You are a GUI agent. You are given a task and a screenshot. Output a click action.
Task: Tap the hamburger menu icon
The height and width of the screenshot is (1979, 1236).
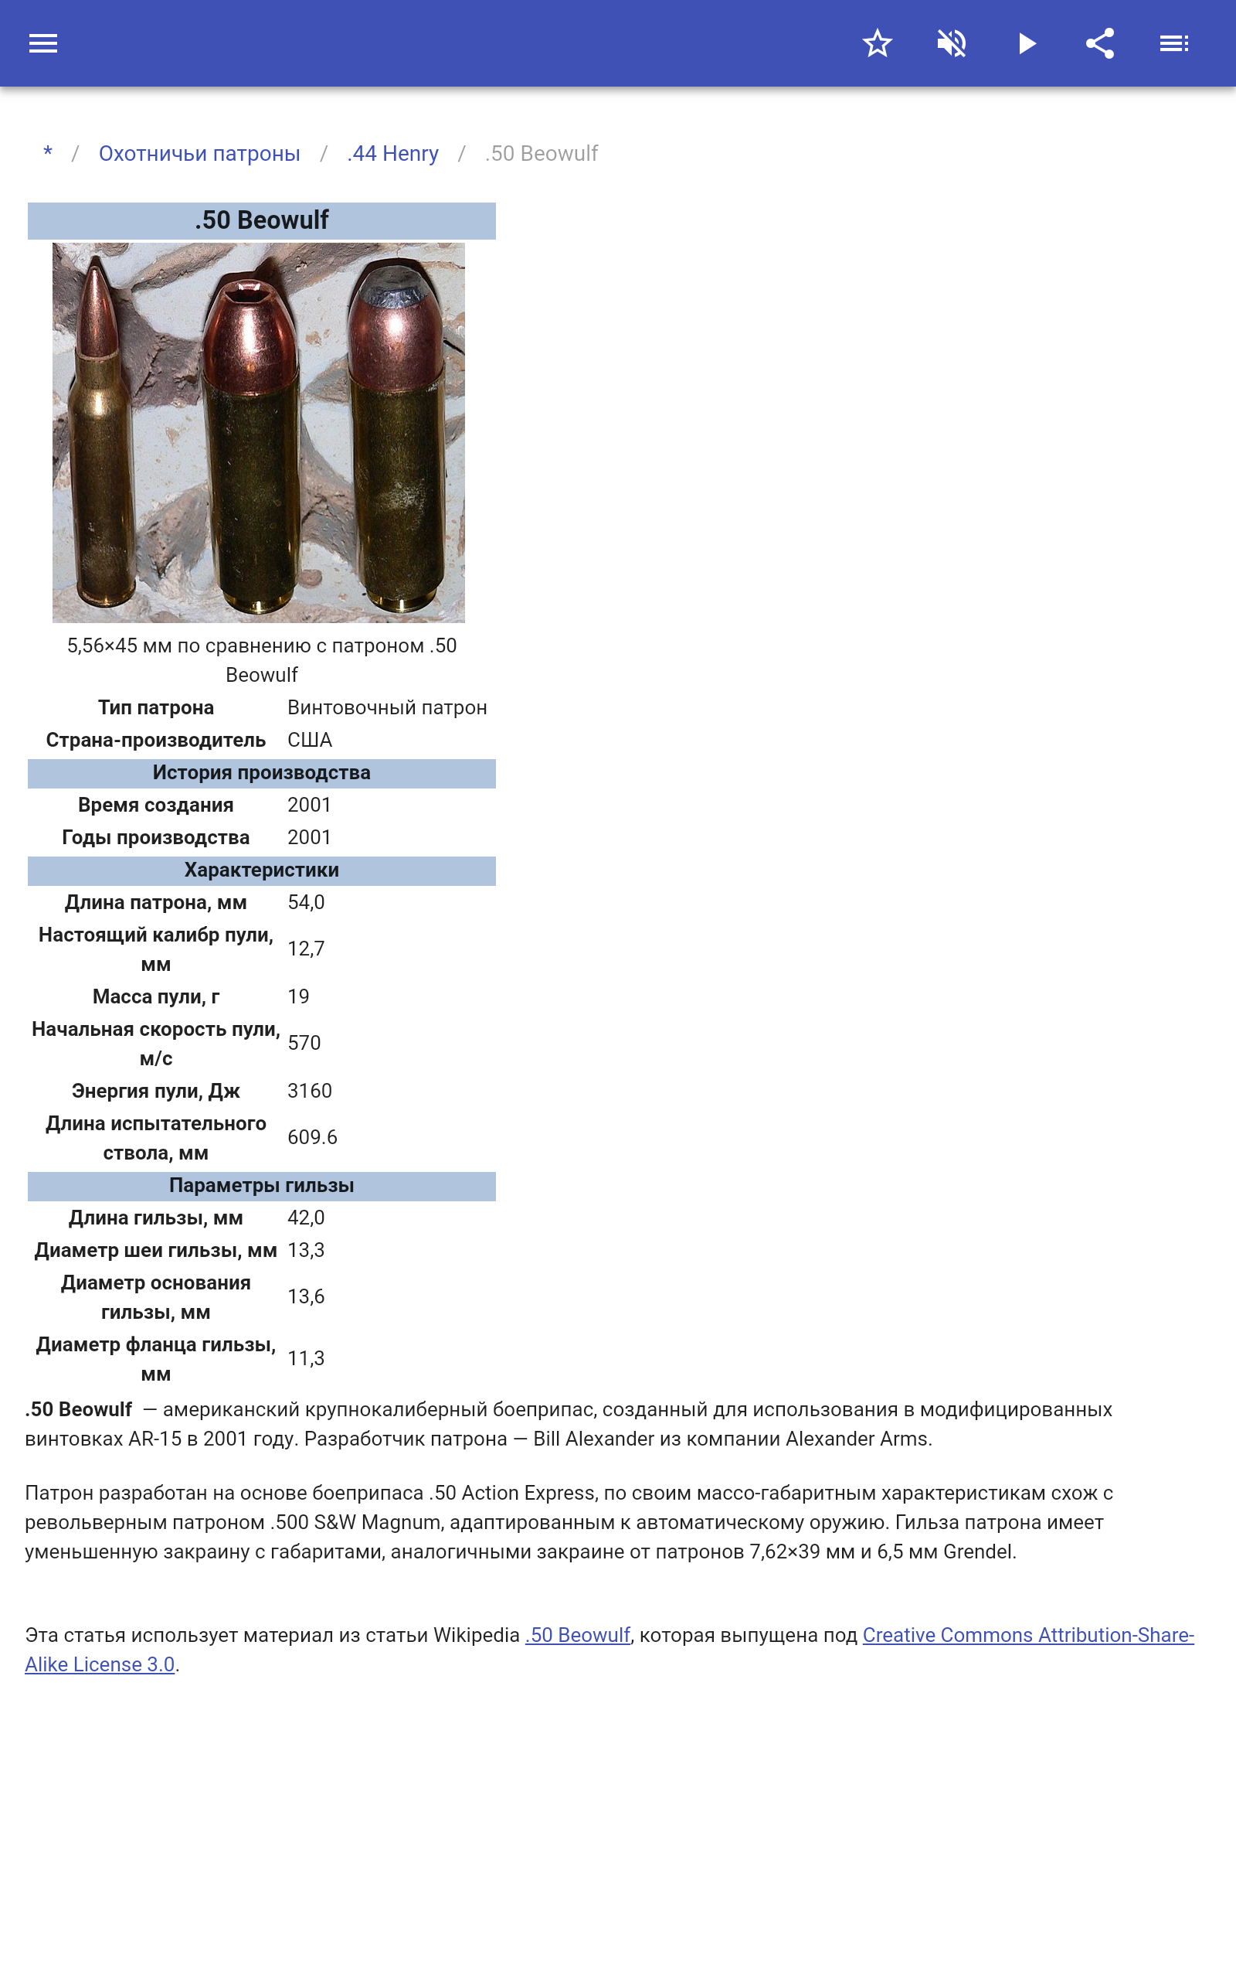point(43,43)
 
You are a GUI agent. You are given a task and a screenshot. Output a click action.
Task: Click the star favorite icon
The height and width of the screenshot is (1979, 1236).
point(876,43)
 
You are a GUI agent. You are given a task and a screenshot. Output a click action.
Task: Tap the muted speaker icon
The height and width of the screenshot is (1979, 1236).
point(952,43)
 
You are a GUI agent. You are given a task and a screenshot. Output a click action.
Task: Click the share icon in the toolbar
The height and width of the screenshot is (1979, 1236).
point(1099,43)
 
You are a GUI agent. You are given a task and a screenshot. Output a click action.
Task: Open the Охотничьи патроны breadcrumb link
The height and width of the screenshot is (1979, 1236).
point(199,154)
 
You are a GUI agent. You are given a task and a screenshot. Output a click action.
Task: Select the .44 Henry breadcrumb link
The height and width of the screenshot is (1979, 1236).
point(392,154)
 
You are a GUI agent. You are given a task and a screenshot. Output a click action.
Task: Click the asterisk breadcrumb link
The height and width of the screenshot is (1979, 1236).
point(48,153)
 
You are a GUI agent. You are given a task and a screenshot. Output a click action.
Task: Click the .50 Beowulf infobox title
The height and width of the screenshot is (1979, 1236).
point(262,221)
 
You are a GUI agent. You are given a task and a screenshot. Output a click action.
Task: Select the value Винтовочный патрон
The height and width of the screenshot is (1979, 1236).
point(387,707)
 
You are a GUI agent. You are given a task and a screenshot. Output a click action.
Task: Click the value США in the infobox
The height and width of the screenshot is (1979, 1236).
point(309,740)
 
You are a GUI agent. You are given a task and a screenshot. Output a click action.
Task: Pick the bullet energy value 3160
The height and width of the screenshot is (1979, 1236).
point(309,1091)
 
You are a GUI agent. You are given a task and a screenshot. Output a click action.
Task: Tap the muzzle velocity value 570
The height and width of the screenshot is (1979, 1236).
point(304,1043)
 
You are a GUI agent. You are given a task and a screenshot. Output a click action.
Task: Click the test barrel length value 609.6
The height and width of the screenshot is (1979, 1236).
point(312,1136)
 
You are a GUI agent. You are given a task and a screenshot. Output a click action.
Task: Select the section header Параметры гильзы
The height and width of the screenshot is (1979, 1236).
point(262,1186)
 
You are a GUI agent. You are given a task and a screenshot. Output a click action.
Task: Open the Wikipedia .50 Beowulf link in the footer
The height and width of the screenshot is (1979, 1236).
point(578,1635)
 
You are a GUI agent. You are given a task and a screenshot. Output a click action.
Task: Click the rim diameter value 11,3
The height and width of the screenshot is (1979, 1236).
point(306,1358)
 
